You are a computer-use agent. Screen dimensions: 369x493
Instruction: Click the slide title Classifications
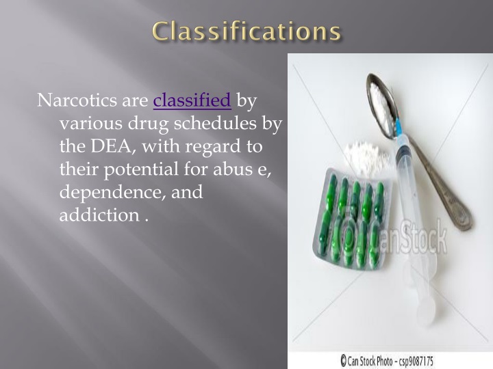(x=246, y=31)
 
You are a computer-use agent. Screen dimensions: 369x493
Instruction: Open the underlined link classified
(x=192, y=101)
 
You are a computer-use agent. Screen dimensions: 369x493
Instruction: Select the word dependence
(x=110, y=192)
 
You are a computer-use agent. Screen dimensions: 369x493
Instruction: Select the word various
(x=88, y=124)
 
